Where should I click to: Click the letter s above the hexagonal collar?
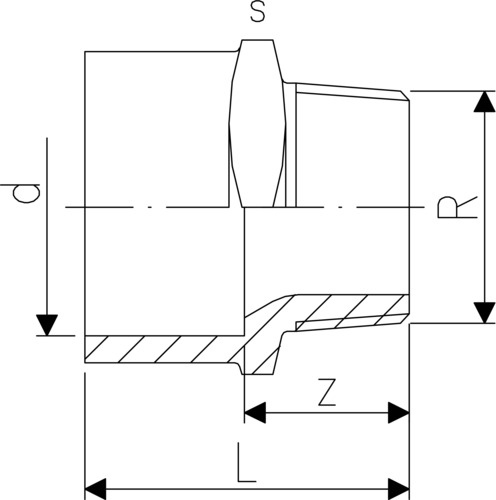(x=258, y=12)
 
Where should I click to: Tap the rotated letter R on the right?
(x=457, y=207)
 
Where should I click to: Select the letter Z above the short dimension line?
(x=326, y=392)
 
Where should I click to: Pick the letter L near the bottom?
(x=247, y=462)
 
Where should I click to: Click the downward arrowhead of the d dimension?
(x=47, y=325)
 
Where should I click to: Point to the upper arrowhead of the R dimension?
(x=485, y=101)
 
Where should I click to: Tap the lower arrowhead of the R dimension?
(x=485, y=313)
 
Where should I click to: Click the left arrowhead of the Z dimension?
(x=255, y=413)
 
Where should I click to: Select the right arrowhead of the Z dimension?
(x=399, y=413)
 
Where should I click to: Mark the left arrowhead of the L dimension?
(x=95, y=489)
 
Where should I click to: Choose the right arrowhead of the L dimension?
(x=399, y=489)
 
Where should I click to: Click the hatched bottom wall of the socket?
(x=160, y=349)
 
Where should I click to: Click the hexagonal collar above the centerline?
(x=258, y=123)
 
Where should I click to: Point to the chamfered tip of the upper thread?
(x=405, y=95)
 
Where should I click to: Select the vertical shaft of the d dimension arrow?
(x=47, y=227)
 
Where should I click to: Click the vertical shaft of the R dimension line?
(x=485, y=207)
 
